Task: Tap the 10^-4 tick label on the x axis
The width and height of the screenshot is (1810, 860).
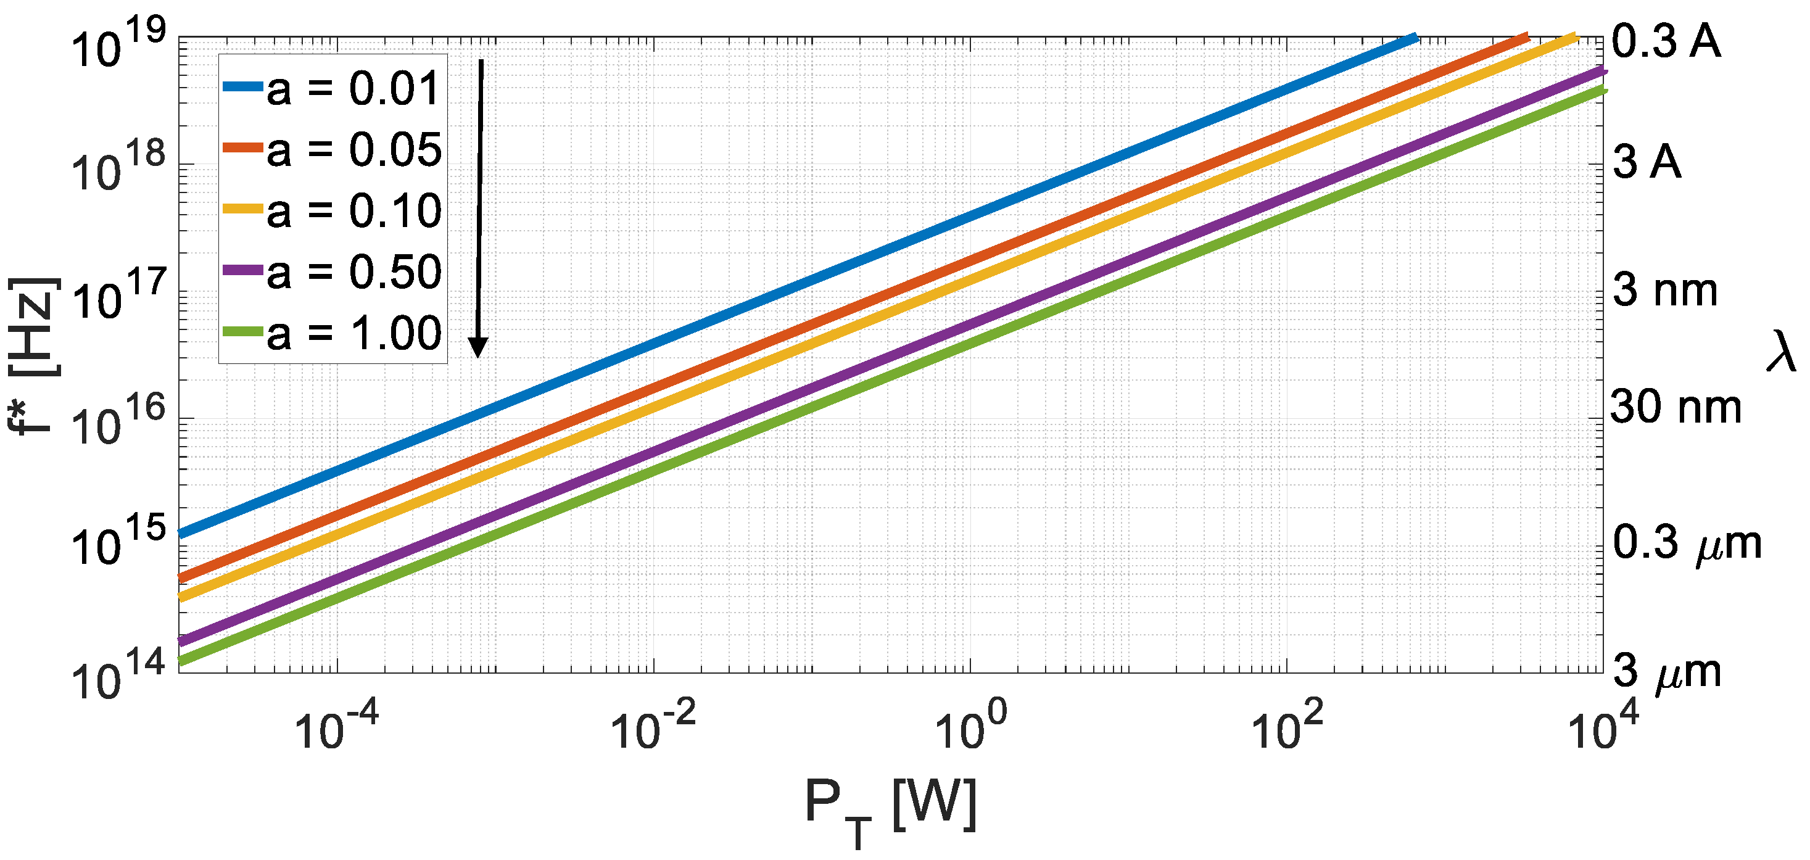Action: pyautogui.click(x=336, y=728)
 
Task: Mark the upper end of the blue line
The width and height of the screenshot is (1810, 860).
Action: pyautogui.click(x=1415, y=37)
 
